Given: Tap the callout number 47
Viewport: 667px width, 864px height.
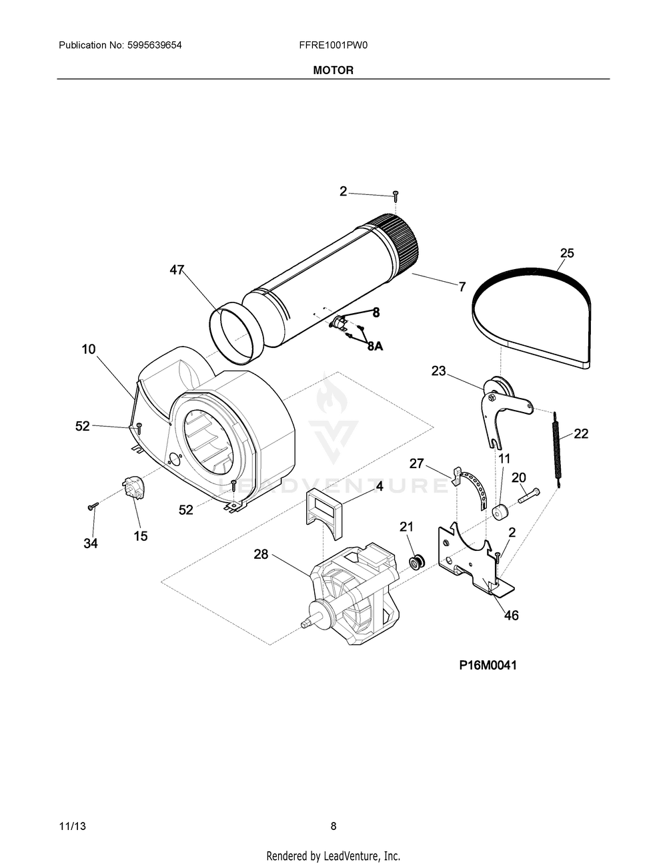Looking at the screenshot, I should click(176, 270).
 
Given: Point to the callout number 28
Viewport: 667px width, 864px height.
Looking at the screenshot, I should click(261, 554).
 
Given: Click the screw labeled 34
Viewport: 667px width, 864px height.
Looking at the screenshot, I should click(93, 507).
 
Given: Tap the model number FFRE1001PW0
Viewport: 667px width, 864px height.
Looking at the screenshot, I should click(333, 45).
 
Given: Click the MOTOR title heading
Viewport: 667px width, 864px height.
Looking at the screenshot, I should click(333, 70).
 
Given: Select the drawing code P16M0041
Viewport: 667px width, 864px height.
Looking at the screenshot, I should click(488, 665).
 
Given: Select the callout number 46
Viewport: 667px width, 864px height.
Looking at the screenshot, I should click(511, 615).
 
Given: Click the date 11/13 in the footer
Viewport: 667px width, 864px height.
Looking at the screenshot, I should click(73, 826).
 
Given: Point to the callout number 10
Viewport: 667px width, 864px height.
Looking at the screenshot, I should click(89, 349).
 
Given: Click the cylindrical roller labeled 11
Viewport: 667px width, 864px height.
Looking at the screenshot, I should click(501, 513).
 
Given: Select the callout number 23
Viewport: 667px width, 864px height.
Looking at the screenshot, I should click(438, 371).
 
